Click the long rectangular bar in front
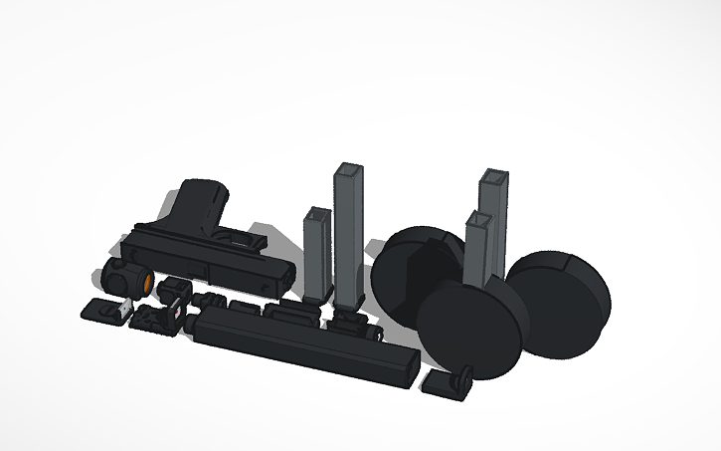click(298, 344)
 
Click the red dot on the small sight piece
click(177, 312)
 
